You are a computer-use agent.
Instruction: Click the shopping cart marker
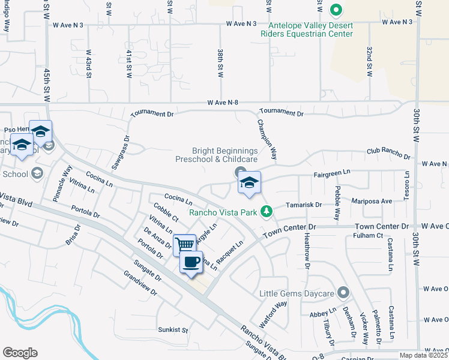pyautogui.click(x=185, y=244)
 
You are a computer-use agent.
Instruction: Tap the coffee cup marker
pyautogui.click(x=191, y=262)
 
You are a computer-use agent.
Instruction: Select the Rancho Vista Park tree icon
pyautogui.click(x=266, y=211)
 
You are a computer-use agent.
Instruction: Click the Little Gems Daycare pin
pyautogui.click(x=343, y=293)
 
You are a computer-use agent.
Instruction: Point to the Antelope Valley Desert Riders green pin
pyautogui.click(x=336, y=10)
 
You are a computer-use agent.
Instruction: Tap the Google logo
pyautogui.click(x=20, y=353)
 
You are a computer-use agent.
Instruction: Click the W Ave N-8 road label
pyautogui.click(x=223, y=103)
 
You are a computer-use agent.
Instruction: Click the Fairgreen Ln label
pyautogui.click(x=332, y=173)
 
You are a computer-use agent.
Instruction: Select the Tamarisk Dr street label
pyautogui.click(x=304, y=205)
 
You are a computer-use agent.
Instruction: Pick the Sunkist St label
pyautogui.click(x=173, y=330)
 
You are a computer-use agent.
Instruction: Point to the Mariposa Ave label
pyautogui.click(x=372, y=201)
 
